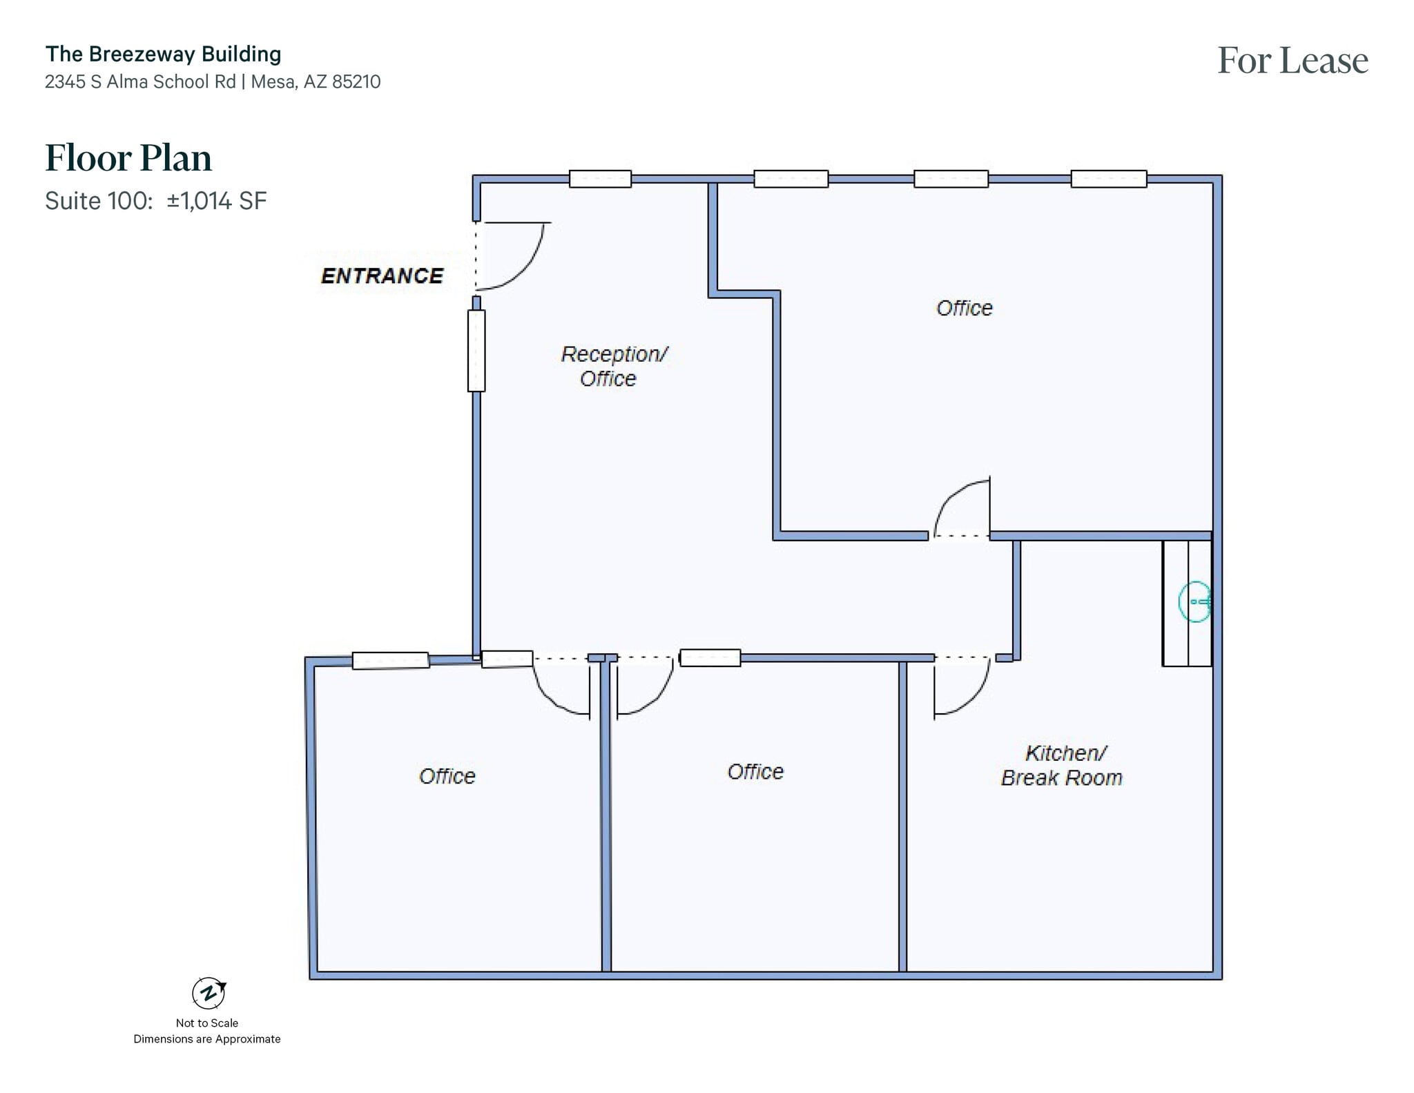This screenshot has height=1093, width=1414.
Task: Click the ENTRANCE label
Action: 382,276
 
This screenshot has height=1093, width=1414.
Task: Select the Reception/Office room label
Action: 612,366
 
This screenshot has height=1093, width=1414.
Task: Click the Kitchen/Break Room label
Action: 1063,765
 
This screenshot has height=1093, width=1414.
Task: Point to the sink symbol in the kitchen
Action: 1195,602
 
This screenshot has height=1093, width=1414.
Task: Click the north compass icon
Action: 209,994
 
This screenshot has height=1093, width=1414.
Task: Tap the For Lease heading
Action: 1292,61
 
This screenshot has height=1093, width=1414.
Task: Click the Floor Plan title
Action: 128,158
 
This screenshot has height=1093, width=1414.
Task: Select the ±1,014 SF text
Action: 216,201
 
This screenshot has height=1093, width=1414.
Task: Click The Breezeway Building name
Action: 163,54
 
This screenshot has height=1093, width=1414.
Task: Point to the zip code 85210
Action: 356,82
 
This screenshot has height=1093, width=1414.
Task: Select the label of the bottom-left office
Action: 447,776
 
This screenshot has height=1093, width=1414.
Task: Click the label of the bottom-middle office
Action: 755,772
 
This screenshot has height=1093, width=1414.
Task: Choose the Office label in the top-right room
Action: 964,308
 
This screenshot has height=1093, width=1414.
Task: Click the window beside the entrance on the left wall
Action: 476,351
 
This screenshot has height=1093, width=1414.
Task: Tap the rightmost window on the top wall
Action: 1108,179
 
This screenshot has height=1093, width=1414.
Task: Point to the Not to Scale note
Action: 206,1023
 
